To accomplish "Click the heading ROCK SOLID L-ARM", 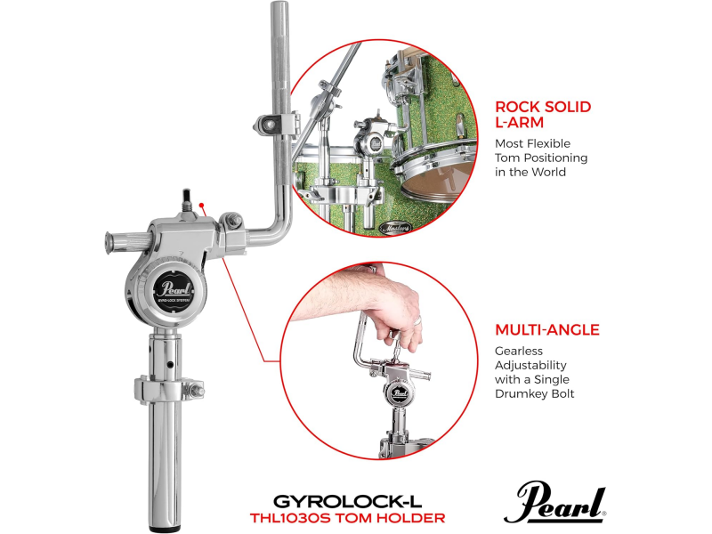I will click(x=543, y=115).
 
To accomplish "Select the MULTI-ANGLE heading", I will click(x=546, y=329).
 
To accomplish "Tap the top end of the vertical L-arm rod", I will click(x=279, y=9).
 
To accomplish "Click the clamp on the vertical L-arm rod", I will click(x=277, y=123).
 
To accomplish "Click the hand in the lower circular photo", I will click(x=375, y=303).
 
